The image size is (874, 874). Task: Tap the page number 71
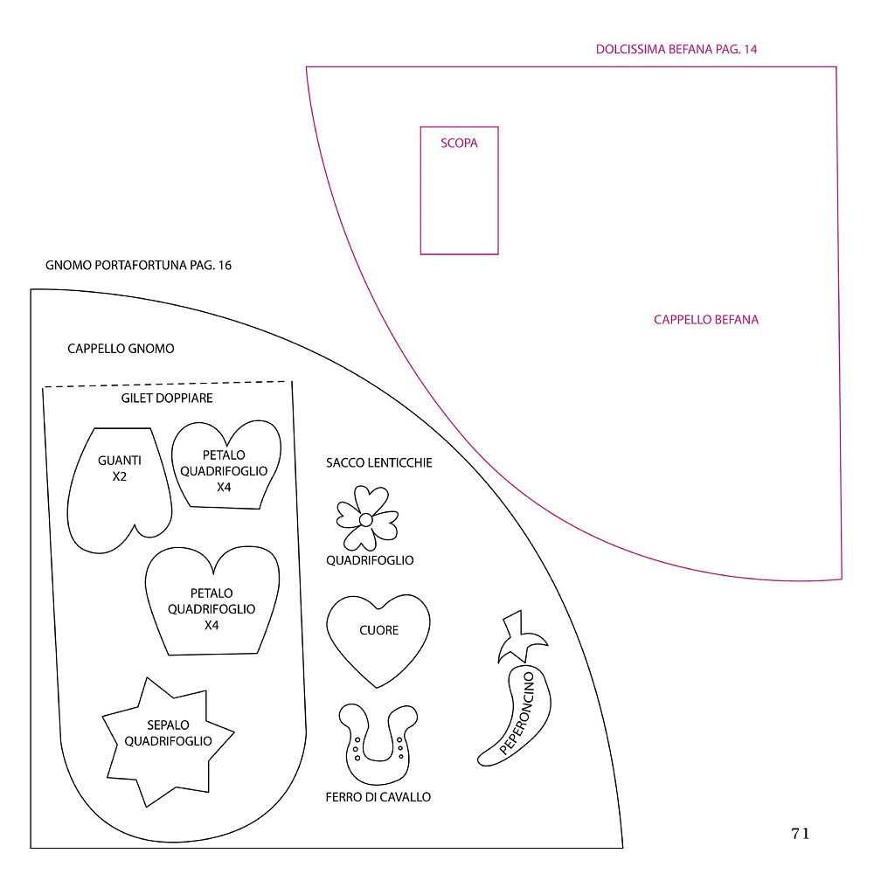pos(800,833)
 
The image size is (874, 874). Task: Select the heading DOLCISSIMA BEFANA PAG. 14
pos(676,49)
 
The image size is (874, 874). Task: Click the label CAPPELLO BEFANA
pos(705,319)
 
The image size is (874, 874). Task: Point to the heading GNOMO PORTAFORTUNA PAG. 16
pos(138,265)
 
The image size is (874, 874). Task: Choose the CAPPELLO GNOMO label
pos(121,349)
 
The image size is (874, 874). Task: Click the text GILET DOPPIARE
pos(167,398)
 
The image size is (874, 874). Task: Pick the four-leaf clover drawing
pos(367,518)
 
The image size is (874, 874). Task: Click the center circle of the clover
pos(365,519)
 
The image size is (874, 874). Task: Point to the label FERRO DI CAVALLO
pos(378,797)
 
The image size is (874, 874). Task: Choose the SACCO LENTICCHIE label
pos(379,462)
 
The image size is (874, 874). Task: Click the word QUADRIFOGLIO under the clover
pos(370,560)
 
